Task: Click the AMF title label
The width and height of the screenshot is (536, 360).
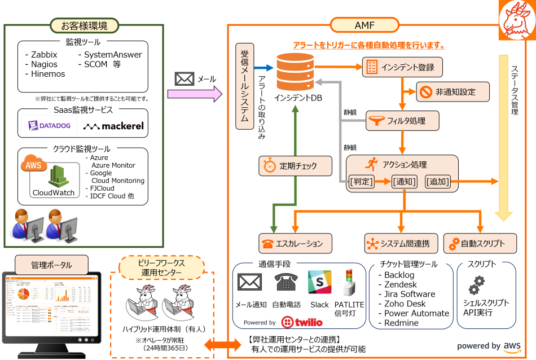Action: [364, 25]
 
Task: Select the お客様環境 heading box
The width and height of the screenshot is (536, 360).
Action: [84, 25]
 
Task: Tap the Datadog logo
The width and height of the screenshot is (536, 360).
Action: [49, 126]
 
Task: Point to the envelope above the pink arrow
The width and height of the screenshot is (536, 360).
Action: [184, 79]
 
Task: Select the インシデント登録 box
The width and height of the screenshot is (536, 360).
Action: [402, 67]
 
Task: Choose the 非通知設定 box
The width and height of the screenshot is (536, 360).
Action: [452, 92]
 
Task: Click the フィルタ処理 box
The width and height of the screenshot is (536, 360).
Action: [402, 120]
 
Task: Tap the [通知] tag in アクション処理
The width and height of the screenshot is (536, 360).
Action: [404, 182]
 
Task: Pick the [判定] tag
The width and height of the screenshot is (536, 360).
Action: [362, 182]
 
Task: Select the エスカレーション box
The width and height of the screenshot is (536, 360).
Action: [295, 243]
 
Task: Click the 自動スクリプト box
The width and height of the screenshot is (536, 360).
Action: [480, 243]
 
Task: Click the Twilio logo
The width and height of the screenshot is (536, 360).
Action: [302, 322]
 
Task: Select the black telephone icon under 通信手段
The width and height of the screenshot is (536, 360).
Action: [286, 282]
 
